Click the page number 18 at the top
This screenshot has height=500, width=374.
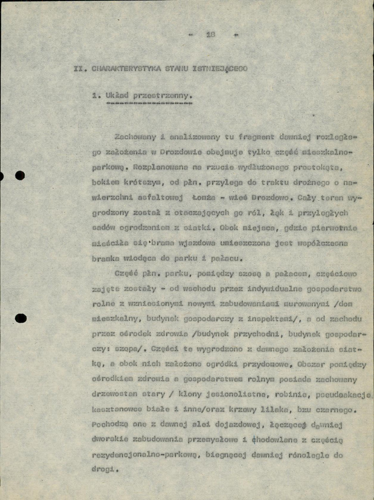click(x=210, y=35)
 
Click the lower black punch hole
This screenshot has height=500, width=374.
click(x=20, y=318)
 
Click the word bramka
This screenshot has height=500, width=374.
click(x=104, y=258)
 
